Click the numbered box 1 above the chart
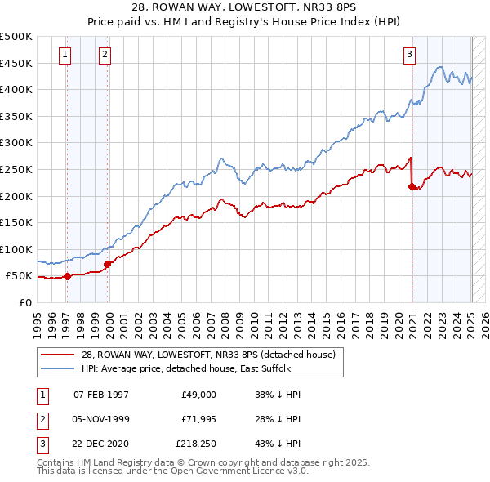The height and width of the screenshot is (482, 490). pos(65,55)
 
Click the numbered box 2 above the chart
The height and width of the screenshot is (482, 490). pos(105,55)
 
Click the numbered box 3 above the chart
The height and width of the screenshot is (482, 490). pos(409,55)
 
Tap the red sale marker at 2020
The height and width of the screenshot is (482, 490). pos(412,186)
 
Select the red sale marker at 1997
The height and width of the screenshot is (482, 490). pos(68,276)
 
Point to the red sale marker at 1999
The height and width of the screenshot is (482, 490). pos(108,264)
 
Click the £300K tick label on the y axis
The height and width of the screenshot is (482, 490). pos(16,142)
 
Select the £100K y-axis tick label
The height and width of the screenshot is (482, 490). pos(16,249)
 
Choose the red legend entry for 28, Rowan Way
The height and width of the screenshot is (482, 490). pos(207,355)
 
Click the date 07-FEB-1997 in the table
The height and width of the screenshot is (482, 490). pos(101,394)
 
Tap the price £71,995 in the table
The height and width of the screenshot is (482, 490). pos(198,420)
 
